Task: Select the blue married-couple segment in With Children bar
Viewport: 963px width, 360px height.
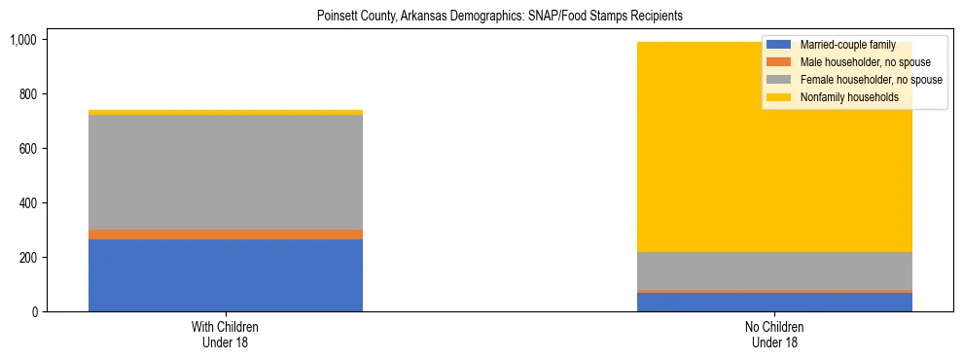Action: coord(226,275)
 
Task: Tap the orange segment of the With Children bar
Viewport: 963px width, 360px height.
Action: coord(226,234)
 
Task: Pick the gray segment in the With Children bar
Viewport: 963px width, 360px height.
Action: coord(226,172)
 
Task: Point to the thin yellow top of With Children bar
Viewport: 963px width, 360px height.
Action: coord(226,113)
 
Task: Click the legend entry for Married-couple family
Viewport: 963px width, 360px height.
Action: coord(842,45)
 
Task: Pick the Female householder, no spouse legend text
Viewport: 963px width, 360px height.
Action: coord(869,80)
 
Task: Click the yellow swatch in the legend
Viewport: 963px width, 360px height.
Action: coord(779,97)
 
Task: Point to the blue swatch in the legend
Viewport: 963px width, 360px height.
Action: coord(779,45)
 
